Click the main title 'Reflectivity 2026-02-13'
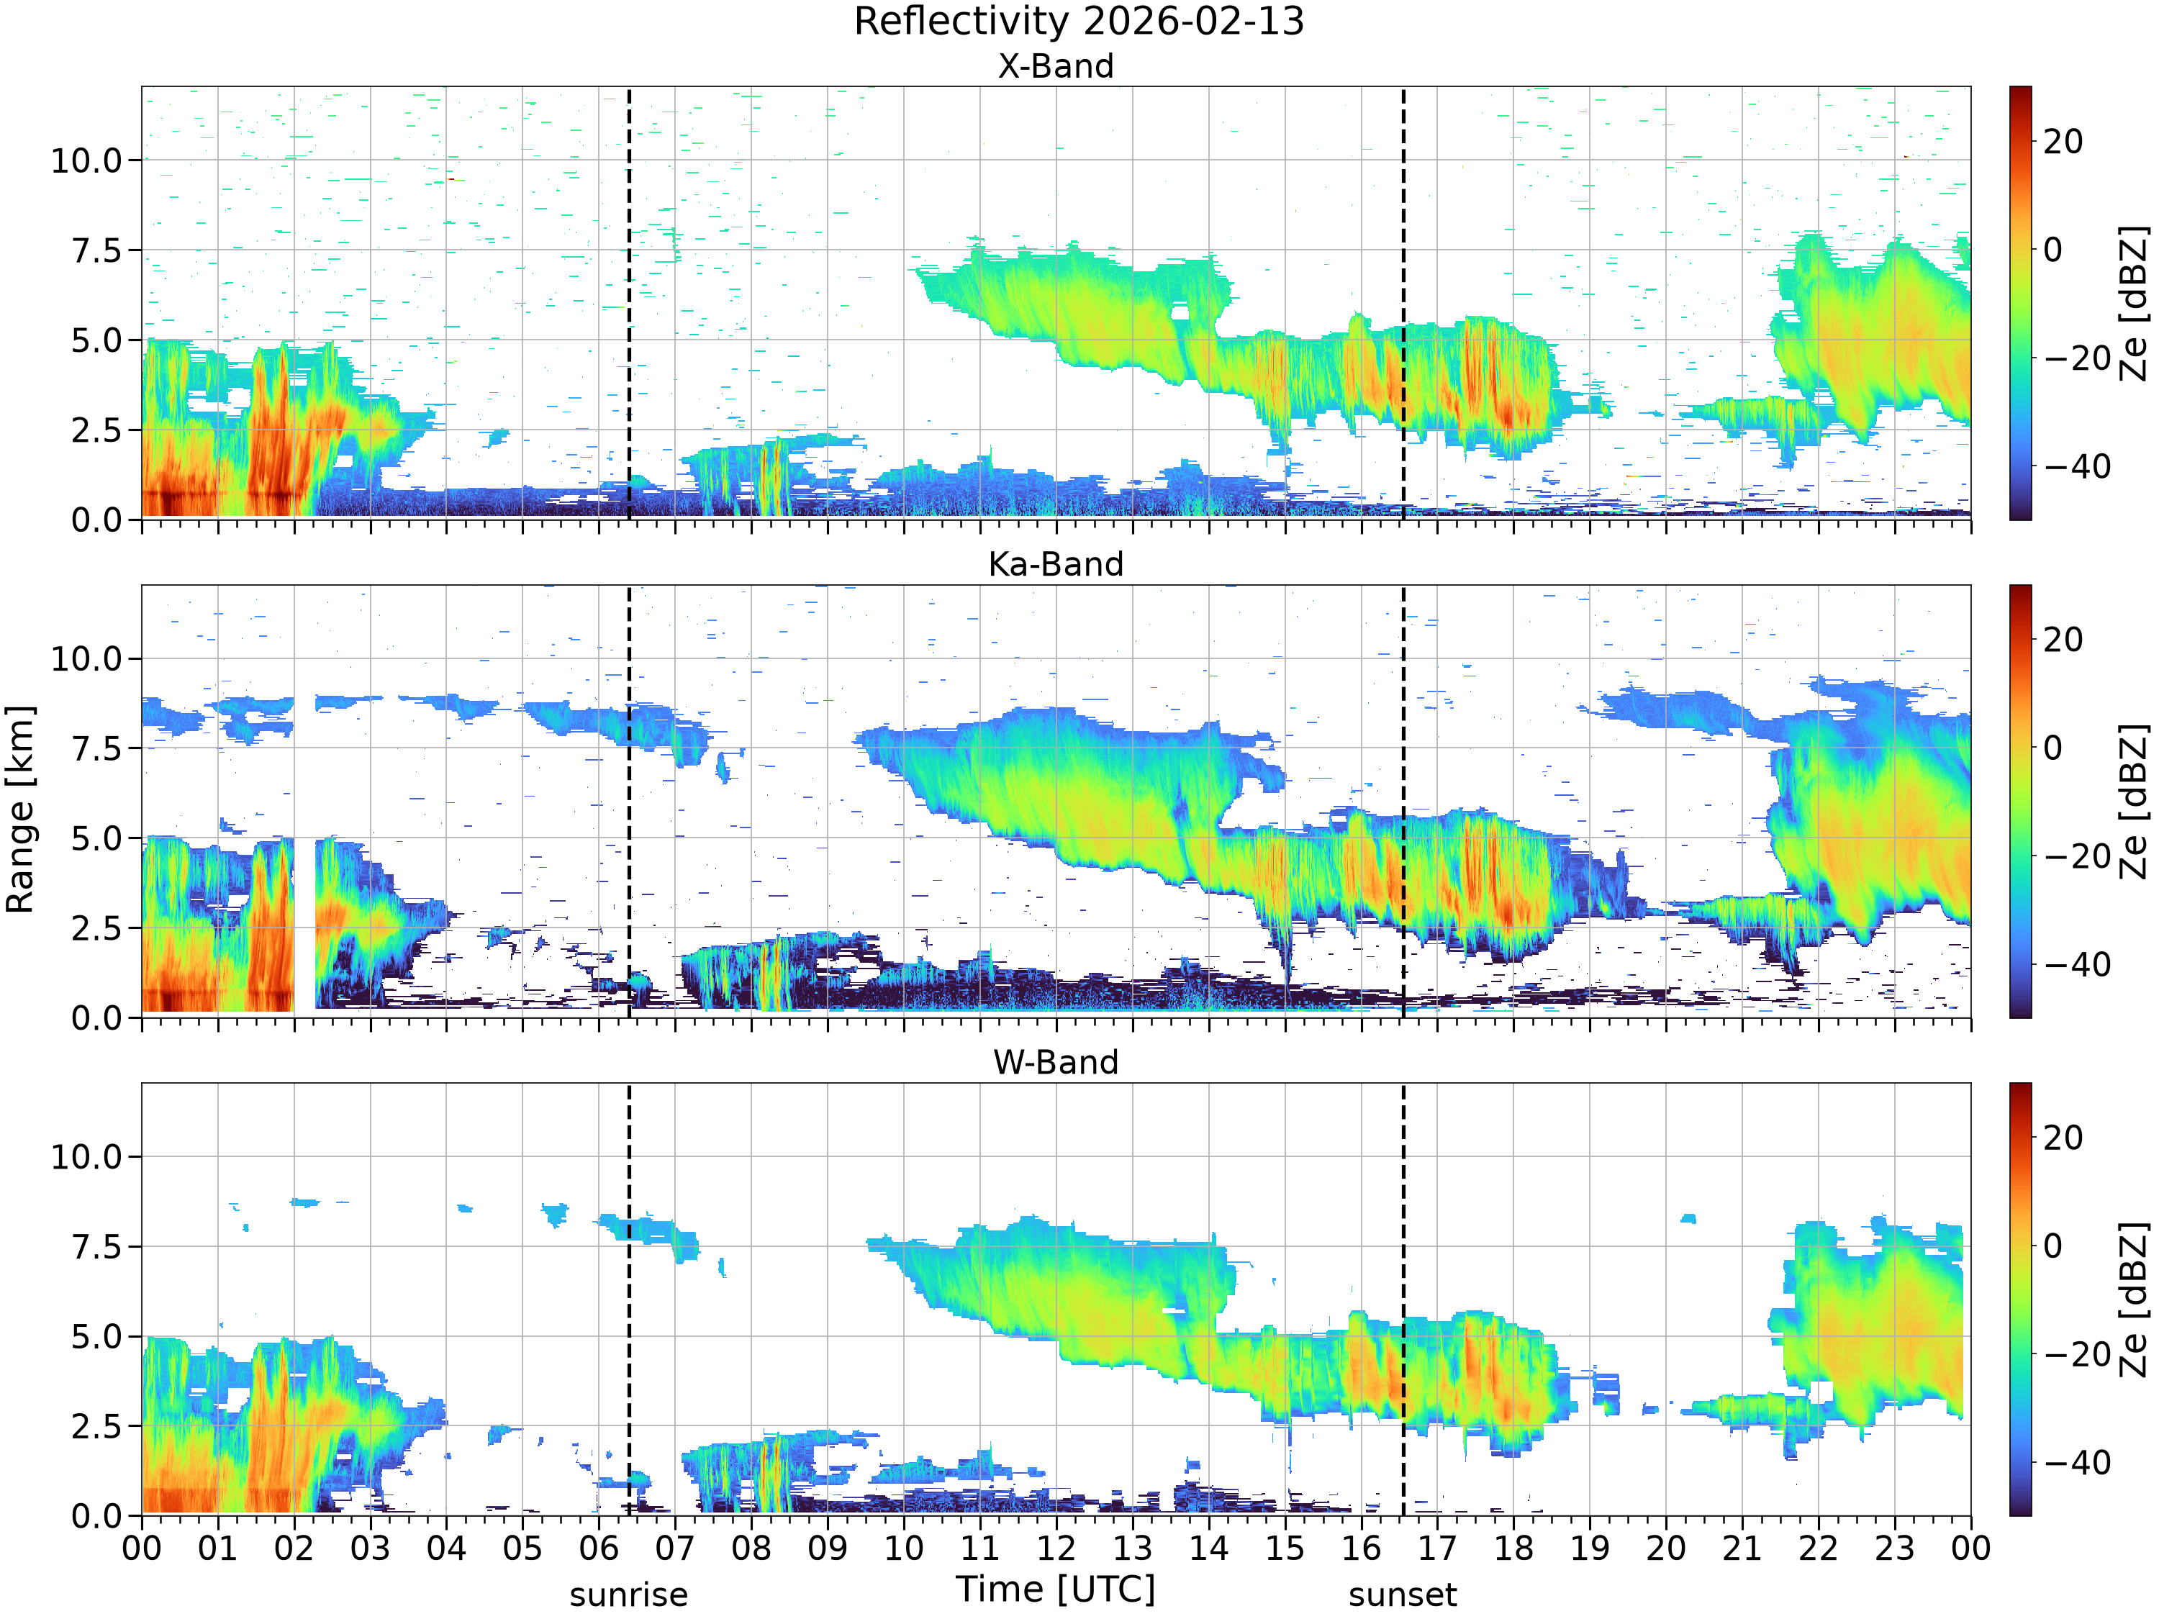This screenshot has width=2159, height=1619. point(1079,22)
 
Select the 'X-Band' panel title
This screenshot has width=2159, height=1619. point(1056,66)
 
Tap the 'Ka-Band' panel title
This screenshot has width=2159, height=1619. point(1056,564)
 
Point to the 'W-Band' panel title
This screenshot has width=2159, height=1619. point(1056,1062)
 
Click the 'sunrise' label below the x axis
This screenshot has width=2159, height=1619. point(628,1595)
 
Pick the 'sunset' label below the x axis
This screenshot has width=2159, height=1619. point(1403,1595)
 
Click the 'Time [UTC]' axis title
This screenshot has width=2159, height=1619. point(1056,1589)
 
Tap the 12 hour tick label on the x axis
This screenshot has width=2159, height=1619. point(1056,1548)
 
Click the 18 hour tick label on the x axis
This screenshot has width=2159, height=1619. point(1514,1548)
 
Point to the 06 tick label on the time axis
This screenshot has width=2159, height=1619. point(598,1548)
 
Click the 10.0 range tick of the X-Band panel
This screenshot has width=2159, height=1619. point(87,160)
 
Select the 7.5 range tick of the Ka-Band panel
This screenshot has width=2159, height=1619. point(98,748)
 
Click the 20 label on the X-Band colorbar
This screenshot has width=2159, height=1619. point(2063,142)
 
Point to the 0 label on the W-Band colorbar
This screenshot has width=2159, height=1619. point(2054,1246)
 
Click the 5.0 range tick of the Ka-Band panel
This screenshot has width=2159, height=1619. point(98,838)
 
